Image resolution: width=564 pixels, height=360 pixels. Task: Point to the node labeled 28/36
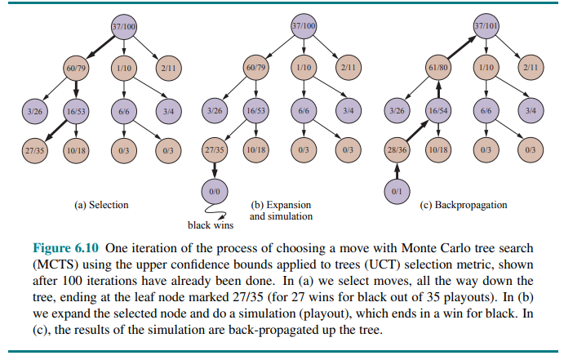pos(396,151)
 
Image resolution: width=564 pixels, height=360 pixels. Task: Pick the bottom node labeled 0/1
pos(396,192)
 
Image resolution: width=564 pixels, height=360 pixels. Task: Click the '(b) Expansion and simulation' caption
pos(280,211)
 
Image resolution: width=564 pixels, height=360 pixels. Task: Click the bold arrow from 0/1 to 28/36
pos(396,172)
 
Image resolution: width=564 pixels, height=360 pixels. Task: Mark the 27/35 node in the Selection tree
pos(34,151)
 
